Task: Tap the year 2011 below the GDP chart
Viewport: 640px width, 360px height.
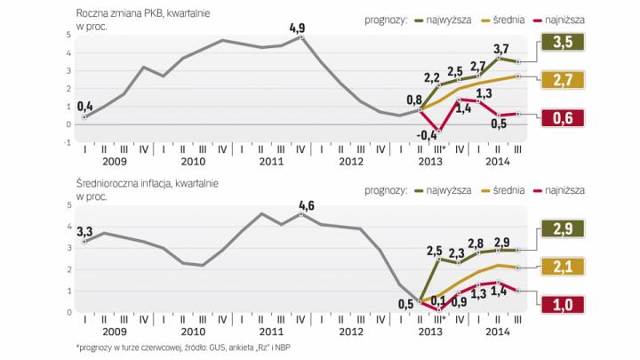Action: pos(271,164)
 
